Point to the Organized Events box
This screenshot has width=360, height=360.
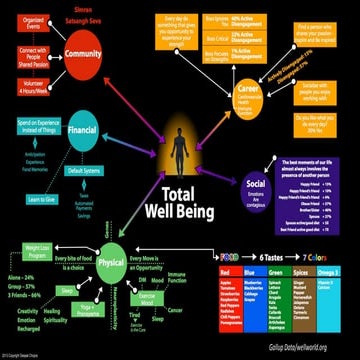[x=31, y=19]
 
